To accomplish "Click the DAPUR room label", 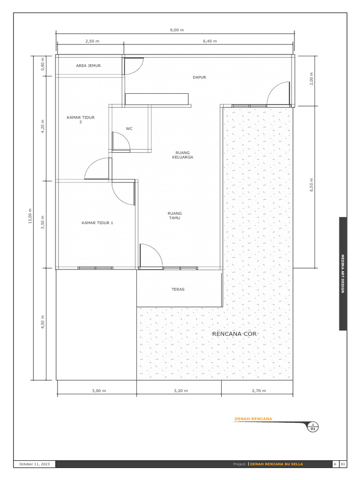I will [200, 77].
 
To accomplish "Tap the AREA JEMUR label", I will [88, 66].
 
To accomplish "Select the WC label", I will [129, 128].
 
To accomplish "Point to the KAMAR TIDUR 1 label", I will [97, 223].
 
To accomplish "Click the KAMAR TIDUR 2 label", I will [81, 120].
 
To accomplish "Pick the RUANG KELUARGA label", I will [182, 155].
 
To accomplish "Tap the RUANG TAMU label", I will [175, 216].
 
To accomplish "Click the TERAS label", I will [178, 289].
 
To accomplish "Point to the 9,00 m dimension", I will [177, 30].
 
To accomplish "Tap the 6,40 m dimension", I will [210, 41].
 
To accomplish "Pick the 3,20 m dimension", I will [180, 390].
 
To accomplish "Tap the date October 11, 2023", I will [34, 464].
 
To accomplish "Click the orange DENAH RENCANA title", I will [253, 419].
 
